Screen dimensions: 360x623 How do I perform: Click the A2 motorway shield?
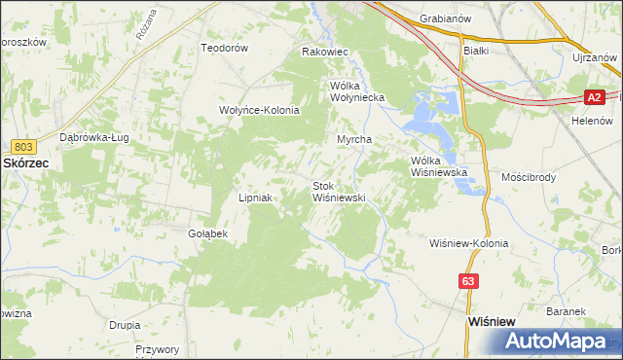(597, 97)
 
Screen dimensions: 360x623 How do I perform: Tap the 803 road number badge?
(26, 146)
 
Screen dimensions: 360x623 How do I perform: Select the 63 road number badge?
(470, 281)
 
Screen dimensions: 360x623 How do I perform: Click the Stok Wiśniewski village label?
(338, 192)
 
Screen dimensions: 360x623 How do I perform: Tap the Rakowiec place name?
(325, 52)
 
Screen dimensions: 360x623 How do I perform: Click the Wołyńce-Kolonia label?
(259, 110)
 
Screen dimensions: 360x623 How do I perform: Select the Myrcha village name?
(355, 139)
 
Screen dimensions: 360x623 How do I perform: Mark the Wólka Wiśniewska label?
(440, 166)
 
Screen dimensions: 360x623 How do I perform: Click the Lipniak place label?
(255, 198)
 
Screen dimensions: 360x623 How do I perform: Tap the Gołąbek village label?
(207, 234)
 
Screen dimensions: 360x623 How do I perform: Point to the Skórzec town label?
(27, 164)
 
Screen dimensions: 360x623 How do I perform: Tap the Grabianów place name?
(445, 18)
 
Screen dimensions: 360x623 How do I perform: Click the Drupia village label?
(126, 324)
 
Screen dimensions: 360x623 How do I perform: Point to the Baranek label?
(565, 311)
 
